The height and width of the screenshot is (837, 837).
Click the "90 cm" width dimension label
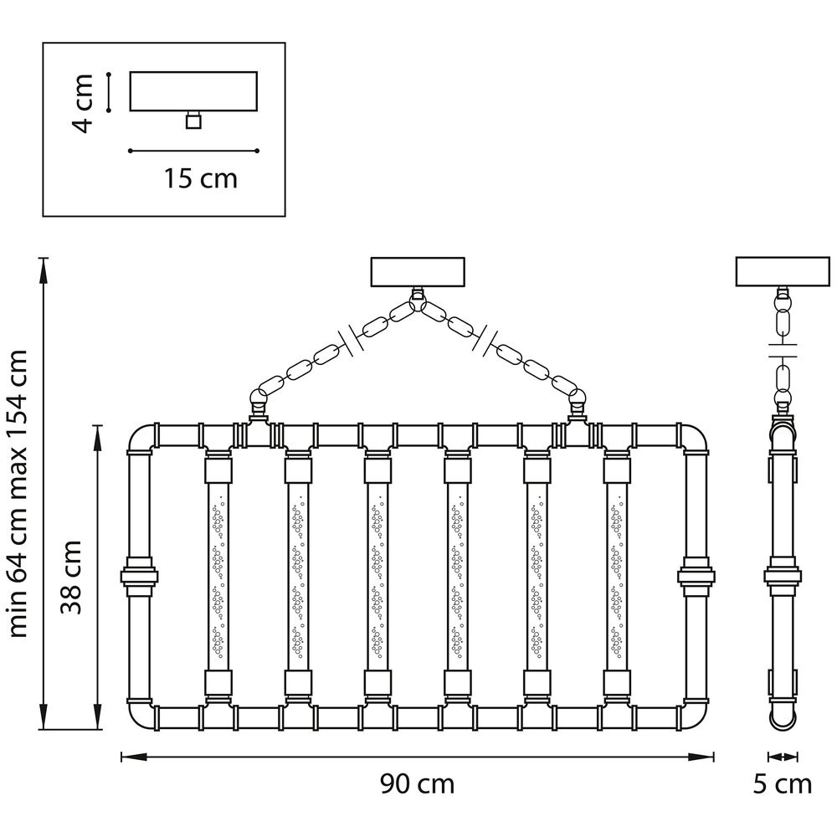(418, 785)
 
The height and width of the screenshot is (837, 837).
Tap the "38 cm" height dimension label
(71, 577)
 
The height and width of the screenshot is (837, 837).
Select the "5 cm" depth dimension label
(783, 785)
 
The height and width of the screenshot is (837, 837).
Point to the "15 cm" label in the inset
(200, 178)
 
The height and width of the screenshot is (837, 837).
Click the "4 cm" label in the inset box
(83, 104)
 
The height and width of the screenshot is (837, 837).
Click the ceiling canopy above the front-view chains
(418, 272)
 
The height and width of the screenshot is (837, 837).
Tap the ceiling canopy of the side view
(783, 272)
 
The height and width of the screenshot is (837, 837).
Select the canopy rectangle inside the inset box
(194, 91)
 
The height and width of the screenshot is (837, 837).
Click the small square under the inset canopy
(194, 121)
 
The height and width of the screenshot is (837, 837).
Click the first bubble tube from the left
(218, 576)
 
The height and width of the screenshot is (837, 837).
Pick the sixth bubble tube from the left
(617, 576)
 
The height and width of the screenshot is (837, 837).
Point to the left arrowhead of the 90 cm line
(133, 757)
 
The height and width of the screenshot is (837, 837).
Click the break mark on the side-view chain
(783, 350)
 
